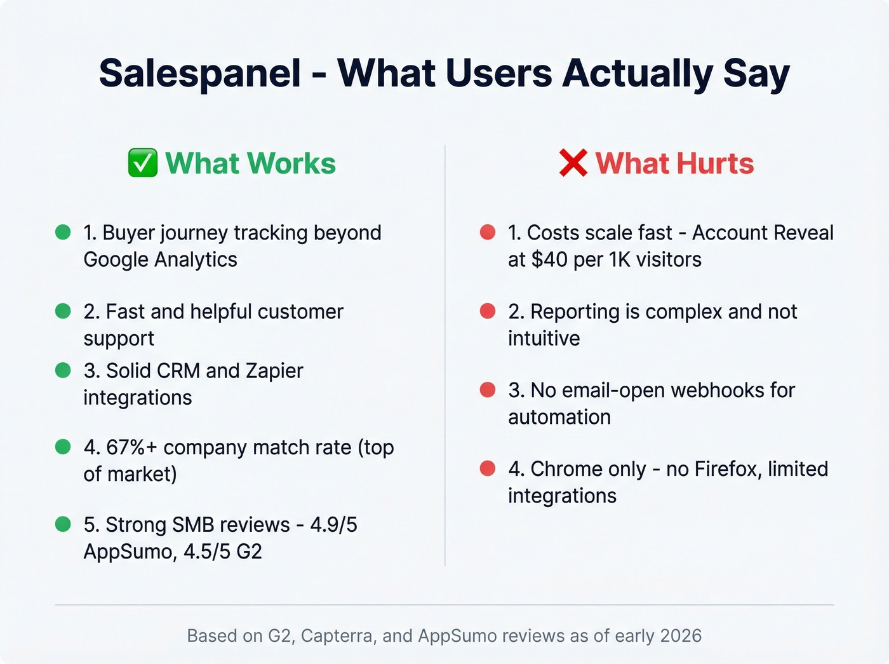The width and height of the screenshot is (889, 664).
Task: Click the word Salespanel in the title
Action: tap(200, 73)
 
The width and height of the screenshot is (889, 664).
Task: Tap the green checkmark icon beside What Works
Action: tap(143, 163)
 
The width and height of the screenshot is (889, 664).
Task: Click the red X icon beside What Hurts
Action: tap(573, 163)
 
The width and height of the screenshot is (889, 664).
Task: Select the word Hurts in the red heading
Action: tap(715, 163)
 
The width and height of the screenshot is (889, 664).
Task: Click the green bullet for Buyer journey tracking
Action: tap(63, 232)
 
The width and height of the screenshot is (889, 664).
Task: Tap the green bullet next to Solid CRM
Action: tap(63, 370)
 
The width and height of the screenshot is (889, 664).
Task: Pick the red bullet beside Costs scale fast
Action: tap(488, 232)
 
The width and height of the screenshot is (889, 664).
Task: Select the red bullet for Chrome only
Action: tap(488, 468)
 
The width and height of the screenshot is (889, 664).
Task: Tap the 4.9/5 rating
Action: tap(334, 525)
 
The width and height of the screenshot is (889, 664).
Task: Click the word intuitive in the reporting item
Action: tap(544, 338)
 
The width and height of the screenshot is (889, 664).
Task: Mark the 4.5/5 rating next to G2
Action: tap(206, 552)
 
